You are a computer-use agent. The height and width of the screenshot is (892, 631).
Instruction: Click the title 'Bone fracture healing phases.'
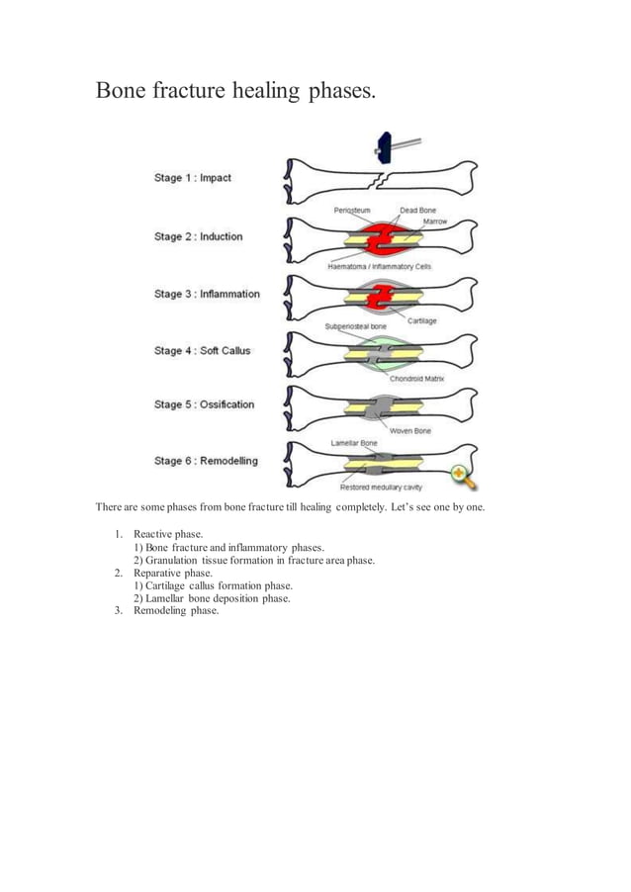pos(235,91)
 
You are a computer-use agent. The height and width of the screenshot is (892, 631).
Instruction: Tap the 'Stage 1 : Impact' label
pos(193,178)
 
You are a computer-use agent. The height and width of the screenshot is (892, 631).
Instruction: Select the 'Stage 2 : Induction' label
pos(198,237)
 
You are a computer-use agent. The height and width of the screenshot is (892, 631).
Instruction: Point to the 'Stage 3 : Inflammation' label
pos(207,294)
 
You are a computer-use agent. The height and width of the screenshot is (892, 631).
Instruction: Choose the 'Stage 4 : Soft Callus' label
pos(203,351)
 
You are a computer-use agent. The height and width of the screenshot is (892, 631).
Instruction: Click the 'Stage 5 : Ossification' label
pos(204,404)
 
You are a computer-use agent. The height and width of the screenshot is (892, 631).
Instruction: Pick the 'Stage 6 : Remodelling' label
pos(206,461)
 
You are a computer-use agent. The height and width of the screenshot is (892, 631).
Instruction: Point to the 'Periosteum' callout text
pos(352,211)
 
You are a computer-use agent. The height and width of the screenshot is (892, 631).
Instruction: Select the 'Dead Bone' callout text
pos(416,211)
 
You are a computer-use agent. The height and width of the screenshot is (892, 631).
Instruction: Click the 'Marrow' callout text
pos(435,222)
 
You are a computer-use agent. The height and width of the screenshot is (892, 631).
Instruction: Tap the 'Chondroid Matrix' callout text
pos(416,378)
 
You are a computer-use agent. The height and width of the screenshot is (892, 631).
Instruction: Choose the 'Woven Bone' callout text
pos(408,430)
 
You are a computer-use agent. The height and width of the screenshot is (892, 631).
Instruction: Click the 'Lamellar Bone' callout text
pos(353,443)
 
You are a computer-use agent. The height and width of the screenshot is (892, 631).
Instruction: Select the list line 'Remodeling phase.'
pos(175,610)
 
